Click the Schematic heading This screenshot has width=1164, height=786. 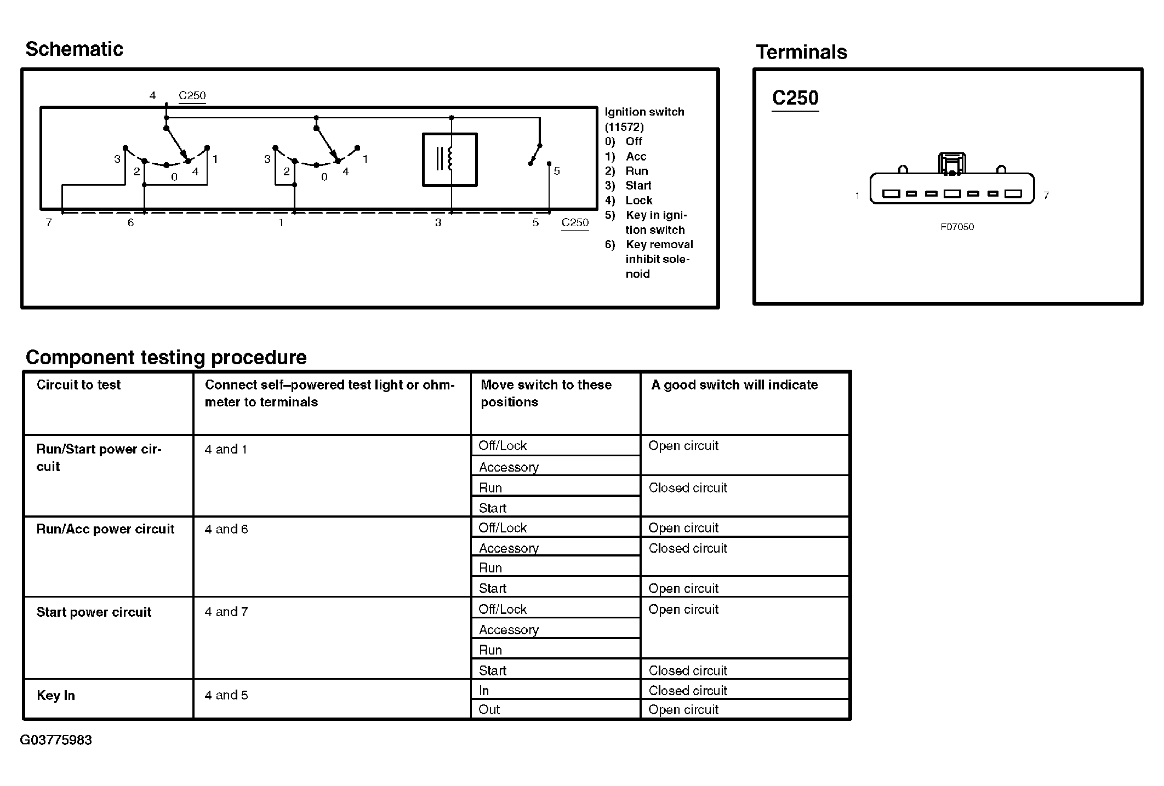pos(74,49)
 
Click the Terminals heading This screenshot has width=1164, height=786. pos(801,53)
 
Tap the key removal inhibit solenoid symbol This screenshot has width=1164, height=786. pos(449,159)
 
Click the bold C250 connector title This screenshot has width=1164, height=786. pos(795,98)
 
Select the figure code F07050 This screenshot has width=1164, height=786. pos(957,227)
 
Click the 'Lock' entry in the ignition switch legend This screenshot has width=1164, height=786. pos(638,200)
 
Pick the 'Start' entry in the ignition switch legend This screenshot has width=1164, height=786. pos(638,186)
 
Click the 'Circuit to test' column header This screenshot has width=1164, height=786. pos(78,385)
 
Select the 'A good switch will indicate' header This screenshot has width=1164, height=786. pos(734,385)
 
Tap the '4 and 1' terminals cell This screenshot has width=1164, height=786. pos(226,450)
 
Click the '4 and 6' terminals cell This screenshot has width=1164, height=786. pos(226,529)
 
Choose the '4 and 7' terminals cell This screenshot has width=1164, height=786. pos(226,612)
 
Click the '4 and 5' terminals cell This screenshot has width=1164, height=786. pos(226,695)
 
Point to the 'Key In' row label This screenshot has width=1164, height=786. pos(55,696)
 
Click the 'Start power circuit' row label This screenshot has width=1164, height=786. pos(94,612)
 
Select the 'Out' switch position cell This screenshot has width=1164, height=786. pos(489,710)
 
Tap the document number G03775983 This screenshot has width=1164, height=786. pos(56,741)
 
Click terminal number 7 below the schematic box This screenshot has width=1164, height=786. pos(49,223)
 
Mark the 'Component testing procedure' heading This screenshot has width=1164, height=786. pos(166,358)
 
